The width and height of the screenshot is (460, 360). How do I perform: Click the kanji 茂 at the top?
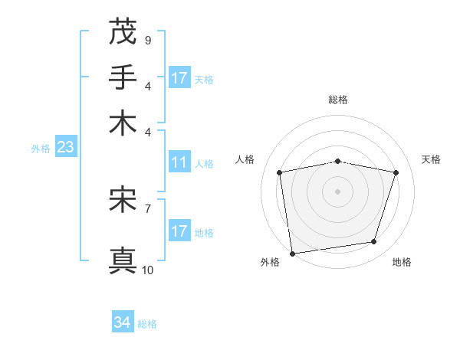(123, 32)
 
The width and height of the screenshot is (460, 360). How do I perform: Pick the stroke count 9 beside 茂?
(147, 40)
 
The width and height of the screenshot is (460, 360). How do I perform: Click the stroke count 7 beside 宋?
(147, 208)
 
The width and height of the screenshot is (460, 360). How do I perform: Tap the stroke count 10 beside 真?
(147, 269)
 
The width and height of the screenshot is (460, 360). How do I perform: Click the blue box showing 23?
(65, 147)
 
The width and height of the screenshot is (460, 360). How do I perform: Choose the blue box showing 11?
(179, 162)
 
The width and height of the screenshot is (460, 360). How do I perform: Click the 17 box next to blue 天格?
(179, 78)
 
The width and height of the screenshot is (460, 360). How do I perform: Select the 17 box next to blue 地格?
(179, 231)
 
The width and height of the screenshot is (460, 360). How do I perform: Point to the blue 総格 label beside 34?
(147, 324)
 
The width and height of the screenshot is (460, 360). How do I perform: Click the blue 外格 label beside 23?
(41, 149)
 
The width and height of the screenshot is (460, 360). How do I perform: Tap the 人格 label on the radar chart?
(245, 159)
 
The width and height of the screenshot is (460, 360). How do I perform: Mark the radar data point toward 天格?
(396, 172)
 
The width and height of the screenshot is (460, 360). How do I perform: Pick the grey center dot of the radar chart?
(337, 191)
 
